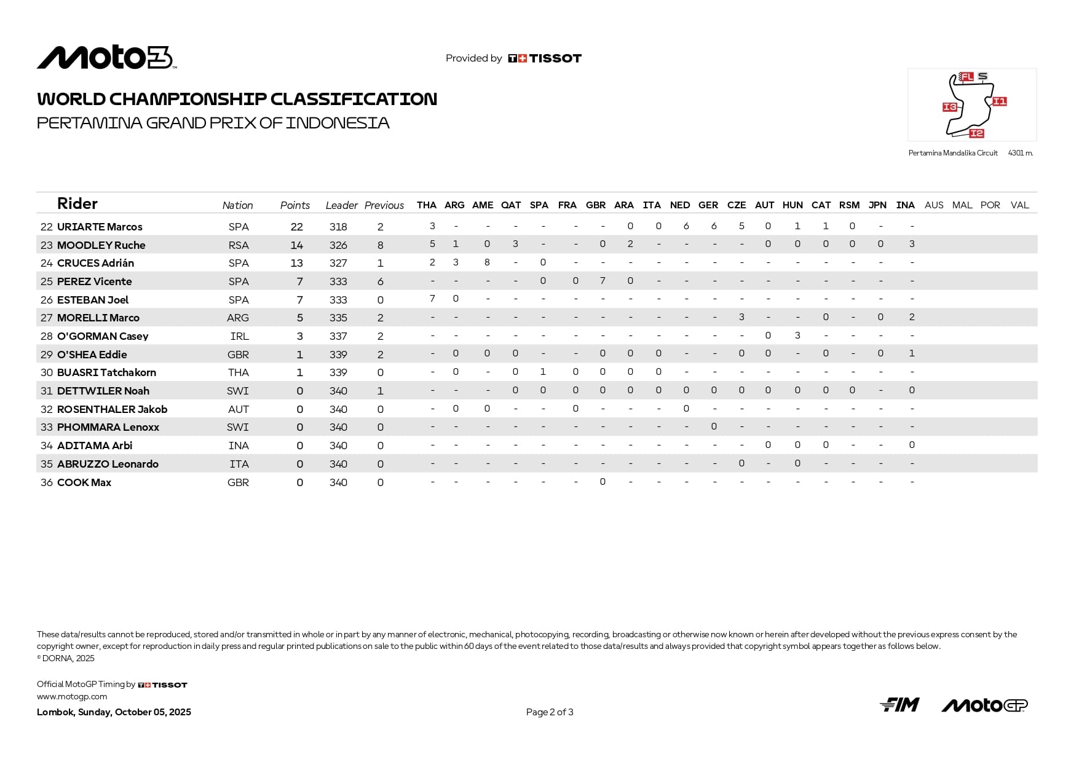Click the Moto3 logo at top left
coord(106,58)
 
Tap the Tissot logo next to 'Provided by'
coord(544,58)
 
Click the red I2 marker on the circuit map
coord(976,133)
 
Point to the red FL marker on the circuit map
coord(966,77)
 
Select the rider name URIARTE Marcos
coord(100,227)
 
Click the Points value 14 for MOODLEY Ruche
coord(296,245)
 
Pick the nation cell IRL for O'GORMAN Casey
coord(239,336)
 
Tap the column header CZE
coord(736,205)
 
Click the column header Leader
coord(341,205)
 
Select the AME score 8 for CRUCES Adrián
coord(487,262)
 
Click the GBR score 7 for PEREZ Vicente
coord(603,281)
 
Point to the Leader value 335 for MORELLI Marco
coord(338,318)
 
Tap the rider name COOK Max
coord(84,482)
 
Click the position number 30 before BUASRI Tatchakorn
coord(47,372)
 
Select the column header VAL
coord(1019,205)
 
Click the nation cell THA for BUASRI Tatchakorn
coord(239,372)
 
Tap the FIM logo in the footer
coord(899,705)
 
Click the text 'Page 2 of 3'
coord(550,712)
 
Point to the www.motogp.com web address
coord(72,697)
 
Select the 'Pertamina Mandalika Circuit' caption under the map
coord(952,153)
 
